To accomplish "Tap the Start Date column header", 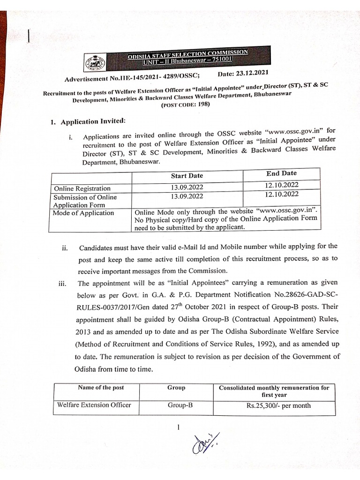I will coord(187,176).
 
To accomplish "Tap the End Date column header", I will coord(281,173).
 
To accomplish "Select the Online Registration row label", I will coord(82,188).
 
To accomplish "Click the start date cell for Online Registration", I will coord(187,187).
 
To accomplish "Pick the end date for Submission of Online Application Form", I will coord(281,194).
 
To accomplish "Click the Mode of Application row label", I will coord(84,213).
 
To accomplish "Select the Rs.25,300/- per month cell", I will coord(278,405).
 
